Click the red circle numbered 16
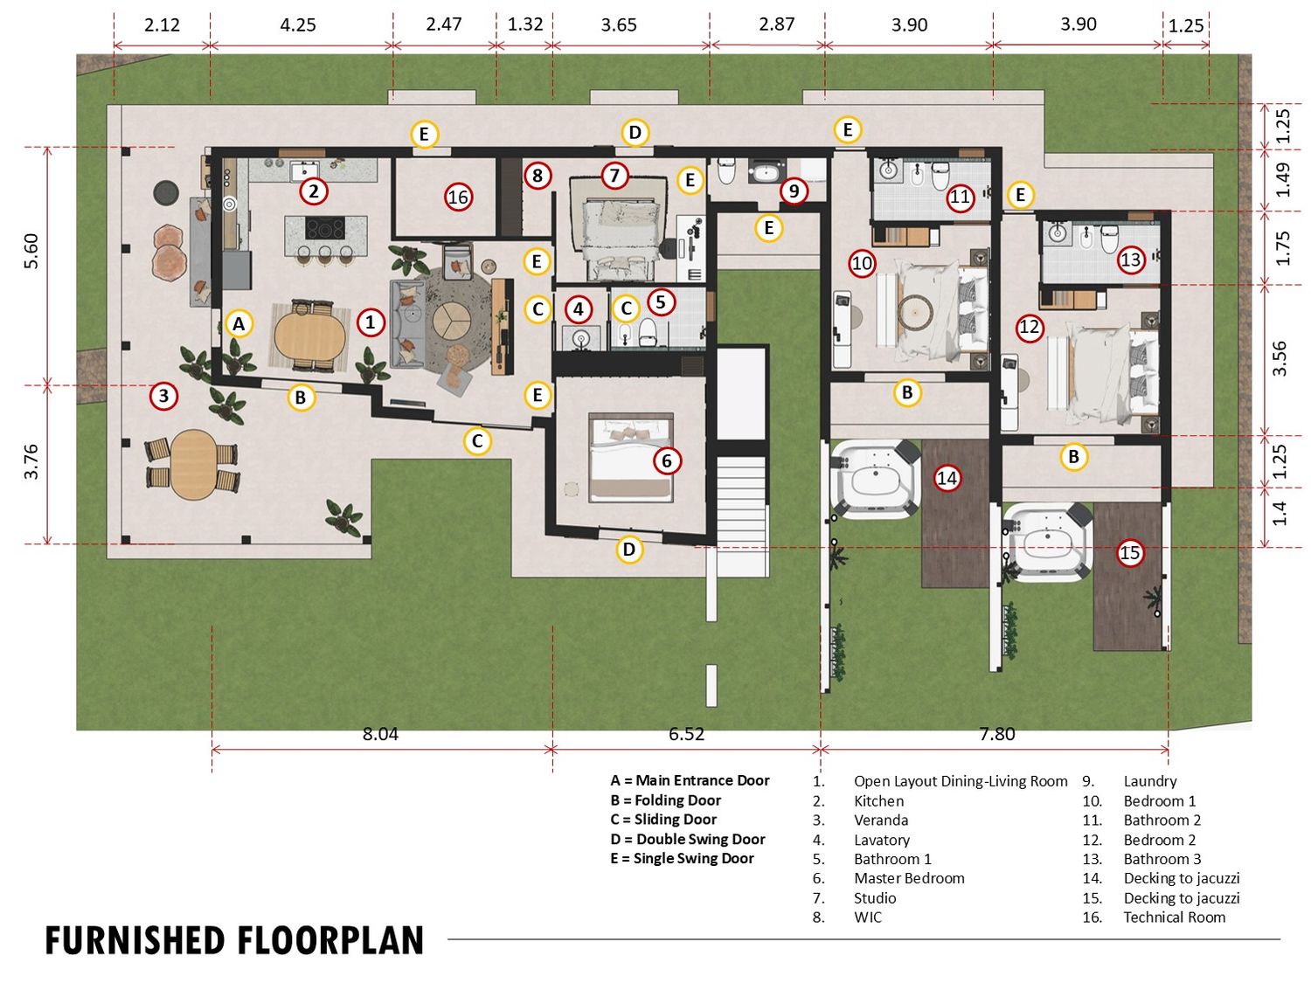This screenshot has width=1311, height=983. [458, 197]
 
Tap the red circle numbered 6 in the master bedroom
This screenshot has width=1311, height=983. [667, 460]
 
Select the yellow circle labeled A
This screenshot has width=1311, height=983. [239, 323]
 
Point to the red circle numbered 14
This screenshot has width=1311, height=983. [947, 477]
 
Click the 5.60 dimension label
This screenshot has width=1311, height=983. [31, 251]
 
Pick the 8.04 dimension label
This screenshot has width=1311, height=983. [380, 733]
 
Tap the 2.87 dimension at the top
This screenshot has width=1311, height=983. [776, 24]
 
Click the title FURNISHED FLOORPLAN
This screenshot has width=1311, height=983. [235, 941]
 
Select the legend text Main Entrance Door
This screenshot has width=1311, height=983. [703, 780]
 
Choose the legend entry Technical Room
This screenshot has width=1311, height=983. [1175, 917]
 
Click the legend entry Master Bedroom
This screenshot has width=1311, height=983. [909, 878]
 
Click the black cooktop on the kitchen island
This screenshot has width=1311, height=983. [325, 227]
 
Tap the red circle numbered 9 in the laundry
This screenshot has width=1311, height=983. [794, 190]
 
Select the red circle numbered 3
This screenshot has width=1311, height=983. [163, 396]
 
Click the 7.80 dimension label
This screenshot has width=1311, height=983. [997, 733]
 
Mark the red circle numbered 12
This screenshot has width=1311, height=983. [1030, 327]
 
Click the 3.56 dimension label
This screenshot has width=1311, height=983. [1280, 358]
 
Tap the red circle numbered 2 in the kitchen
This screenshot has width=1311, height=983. [314, 191]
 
